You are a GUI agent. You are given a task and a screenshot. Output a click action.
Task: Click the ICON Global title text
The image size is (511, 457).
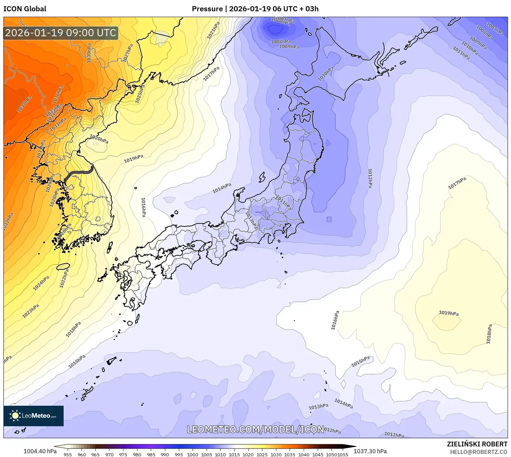click(x=25, y=9)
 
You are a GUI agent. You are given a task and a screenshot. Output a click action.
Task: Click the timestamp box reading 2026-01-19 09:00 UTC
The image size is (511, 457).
click(x=61, y=33)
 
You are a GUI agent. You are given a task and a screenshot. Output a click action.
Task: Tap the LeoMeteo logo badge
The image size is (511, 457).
click(x=34, y=416)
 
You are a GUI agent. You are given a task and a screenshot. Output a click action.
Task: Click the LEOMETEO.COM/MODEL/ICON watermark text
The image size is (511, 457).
click(x=255, y=429)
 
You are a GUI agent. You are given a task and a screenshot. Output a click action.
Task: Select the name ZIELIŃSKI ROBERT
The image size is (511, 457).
click(x=477, y=444)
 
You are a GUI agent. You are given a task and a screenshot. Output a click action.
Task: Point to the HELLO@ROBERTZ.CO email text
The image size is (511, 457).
click(x=479, y=452)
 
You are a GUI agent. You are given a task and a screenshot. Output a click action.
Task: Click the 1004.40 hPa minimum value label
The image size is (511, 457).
click(x=40, y=451)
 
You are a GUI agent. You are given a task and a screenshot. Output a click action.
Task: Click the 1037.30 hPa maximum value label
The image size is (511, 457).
click(x=370, y=451)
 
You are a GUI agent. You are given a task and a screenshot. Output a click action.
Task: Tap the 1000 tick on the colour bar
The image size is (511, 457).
click(x=193, y=455)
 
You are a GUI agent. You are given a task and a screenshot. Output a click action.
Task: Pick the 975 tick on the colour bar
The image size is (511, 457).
click(x=123, y=455)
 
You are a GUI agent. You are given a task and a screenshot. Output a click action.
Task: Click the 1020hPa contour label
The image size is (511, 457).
click(x=99, y=139)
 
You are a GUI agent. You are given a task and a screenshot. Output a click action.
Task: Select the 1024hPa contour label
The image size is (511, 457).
click(x=41, y=283)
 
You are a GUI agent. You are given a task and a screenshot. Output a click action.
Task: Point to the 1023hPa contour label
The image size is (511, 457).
click(x=30, y=311)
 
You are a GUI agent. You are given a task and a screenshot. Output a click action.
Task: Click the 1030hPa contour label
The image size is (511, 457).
click(x=89, y=53)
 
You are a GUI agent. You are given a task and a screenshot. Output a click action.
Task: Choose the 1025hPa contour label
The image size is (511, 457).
click(x=140, y=94)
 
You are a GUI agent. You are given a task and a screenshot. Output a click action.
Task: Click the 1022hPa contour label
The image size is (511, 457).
click(x=64, y=278)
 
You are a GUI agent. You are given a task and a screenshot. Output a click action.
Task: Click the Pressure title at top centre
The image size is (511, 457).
click(x=255, y=9)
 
